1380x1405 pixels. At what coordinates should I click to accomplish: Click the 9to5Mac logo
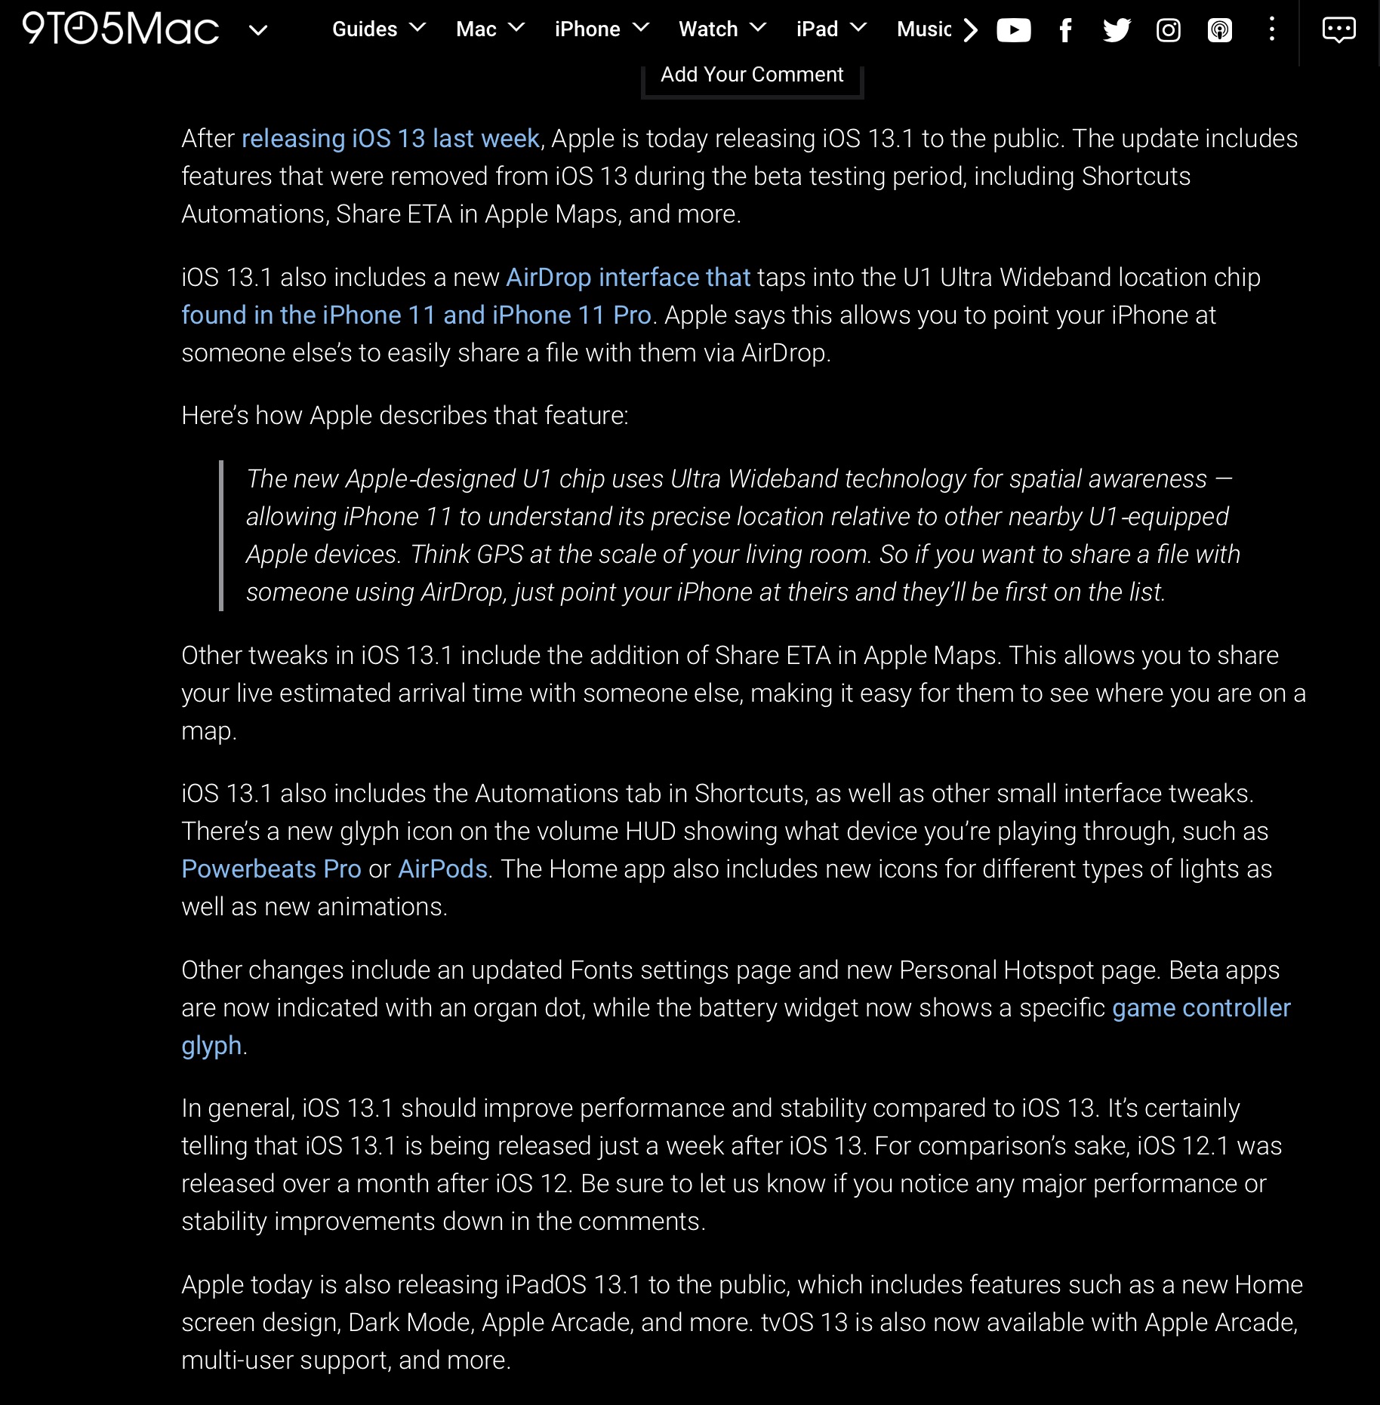(x=121, y=29)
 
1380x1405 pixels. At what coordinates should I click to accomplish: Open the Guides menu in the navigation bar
(x=378, y=29)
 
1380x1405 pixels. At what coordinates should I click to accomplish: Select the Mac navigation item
(x=489, y=29)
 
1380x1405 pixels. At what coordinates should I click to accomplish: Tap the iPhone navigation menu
(x=601, y=29)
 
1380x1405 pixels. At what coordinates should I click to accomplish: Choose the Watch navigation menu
(x=721, y=29)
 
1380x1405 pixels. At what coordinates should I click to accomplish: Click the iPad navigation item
(x=830, y=29)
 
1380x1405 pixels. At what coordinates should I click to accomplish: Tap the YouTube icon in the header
(x=1013, y=30)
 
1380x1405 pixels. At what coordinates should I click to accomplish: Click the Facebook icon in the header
(x=1065, y=30)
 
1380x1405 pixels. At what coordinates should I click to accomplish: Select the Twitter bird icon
(x=1117, y=30)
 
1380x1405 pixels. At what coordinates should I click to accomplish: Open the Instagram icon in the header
(x=1168, y=30)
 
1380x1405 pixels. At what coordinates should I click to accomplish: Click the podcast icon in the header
(x=1219, y=30)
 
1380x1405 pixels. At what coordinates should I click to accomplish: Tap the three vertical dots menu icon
(x=1272, y=29)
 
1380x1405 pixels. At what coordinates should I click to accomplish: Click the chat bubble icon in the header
(x=1338, y=30)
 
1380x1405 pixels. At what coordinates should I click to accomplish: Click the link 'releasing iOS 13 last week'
(x=390, y=139)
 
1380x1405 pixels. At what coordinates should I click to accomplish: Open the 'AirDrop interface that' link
(x=628, y=278)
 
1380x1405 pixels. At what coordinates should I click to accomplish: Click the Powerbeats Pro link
(x=271, y=869)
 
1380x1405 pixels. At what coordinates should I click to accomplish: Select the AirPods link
(x=442, y=869)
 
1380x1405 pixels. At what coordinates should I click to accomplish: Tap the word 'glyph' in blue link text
(x=211, y=1046)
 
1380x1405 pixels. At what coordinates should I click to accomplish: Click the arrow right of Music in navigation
(x=971, y=30)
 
